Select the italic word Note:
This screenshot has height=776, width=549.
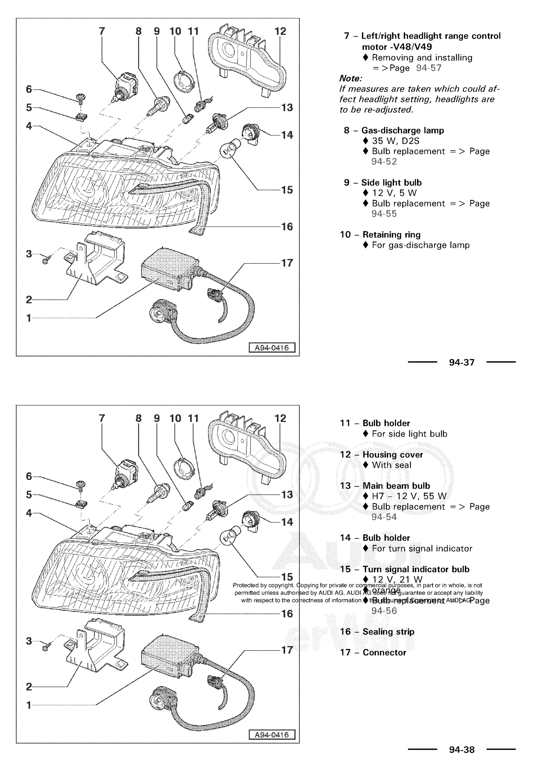coord(351,79)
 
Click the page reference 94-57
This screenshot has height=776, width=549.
coord(429,68)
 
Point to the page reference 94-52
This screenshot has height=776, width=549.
coord(384,162)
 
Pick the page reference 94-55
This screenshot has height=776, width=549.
coord(384,214)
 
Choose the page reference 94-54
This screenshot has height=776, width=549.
coord(384,517)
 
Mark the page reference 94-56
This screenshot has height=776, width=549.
coord(384,611)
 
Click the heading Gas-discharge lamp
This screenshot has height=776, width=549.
coord(402,130)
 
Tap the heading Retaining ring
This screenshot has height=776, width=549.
coord(391,234)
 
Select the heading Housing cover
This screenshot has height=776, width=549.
coord(392,454)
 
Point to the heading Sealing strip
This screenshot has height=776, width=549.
coord(388,632)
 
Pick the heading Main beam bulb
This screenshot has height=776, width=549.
coord(396,486)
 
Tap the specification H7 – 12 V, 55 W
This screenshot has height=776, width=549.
coord(409,496)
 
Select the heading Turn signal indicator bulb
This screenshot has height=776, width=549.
coord(416,569)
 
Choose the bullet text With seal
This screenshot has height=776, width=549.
coord(391,465)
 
